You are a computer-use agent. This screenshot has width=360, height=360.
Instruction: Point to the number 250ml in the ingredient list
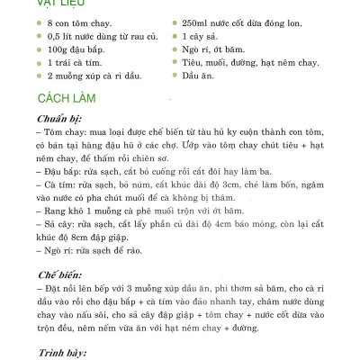(196, 21)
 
